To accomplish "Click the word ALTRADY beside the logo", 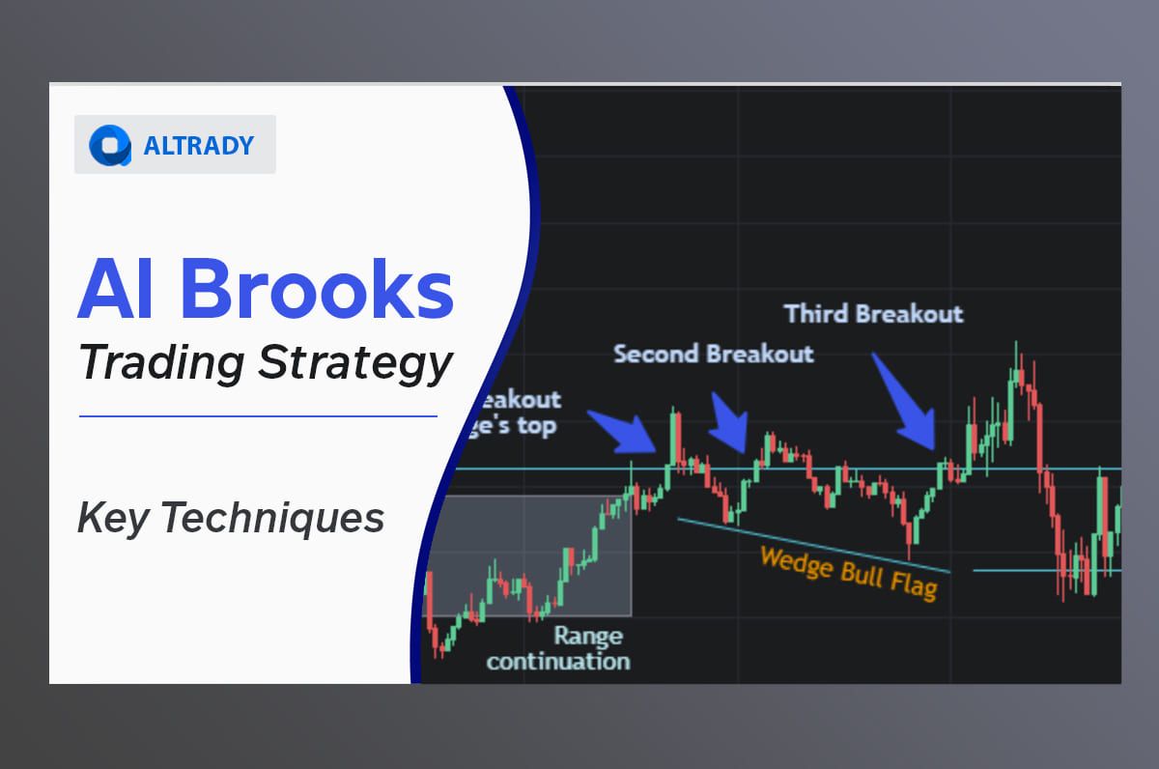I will [198, 146].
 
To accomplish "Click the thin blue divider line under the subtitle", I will [257, 416].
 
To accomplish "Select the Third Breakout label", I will [873, 314].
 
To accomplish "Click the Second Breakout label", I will [714, 354].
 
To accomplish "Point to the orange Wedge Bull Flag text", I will [848, 572].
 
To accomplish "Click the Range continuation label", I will [558, 648].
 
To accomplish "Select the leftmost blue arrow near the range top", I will [623, 431].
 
